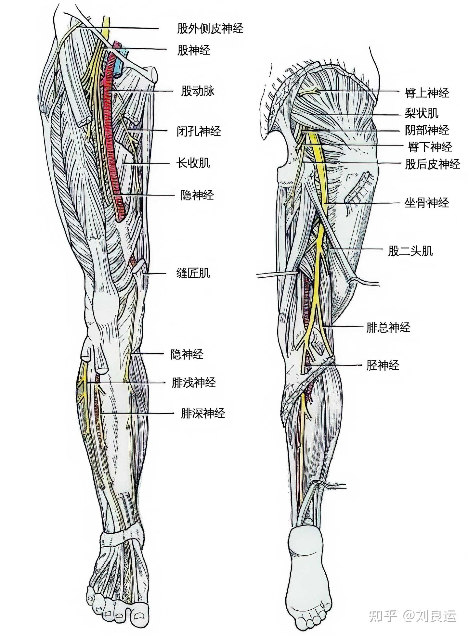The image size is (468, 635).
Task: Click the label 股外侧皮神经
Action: click(x=210, y=29)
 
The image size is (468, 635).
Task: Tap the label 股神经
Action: click(x=193, y=50)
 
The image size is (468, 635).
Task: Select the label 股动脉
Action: click(x=198, y=91)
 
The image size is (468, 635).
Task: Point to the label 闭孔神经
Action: click(x=199, y=132)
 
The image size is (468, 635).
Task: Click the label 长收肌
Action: click(x=193, y=163)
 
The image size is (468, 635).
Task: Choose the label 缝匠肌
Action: click(x=193, y=273)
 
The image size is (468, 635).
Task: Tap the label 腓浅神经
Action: click(x=193, y=383)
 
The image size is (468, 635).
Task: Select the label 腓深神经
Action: click(x=203, y=413)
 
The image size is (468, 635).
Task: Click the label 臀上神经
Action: click(x=427, y=93)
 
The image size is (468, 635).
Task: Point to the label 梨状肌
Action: click(x=422, y=113)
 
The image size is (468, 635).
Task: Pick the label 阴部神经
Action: click(x=427, y=130)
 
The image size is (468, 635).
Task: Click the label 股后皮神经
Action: click(x=432, y=164)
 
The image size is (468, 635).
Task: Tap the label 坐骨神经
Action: click(x=426, y=203)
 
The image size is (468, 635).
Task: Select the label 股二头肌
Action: click(x=410, y=251)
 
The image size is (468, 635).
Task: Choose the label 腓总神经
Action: click(x=388, y=327)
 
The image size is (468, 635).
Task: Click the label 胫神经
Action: click(x=383, y=366)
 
